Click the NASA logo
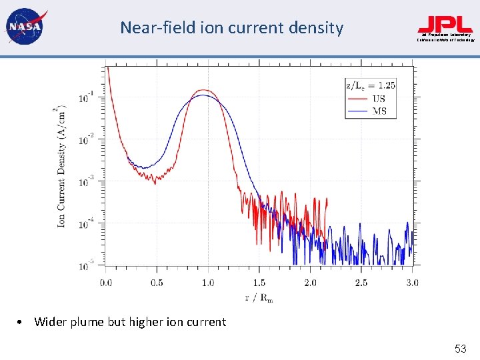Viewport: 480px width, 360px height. (24, 27)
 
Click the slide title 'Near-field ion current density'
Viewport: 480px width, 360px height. (231, 28)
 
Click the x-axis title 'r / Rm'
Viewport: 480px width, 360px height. (259, 297)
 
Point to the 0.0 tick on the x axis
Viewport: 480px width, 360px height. (106, 283)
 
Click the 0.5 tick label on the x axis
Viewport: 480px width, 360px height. (157, 283)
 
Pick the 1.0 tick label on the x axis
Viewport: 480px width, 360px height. (208, 283)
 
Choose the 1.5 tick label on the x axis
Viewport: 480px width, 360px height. (259, 283)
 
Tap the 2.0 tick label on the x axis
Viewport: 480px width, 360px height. (310, 283)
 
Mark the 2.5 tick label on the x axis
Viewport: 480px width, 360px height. (361, 283)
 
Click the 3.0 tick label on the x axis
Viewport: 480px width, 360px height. (411, 283)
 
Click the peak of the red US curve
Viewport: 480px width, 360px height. (205, 90)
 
